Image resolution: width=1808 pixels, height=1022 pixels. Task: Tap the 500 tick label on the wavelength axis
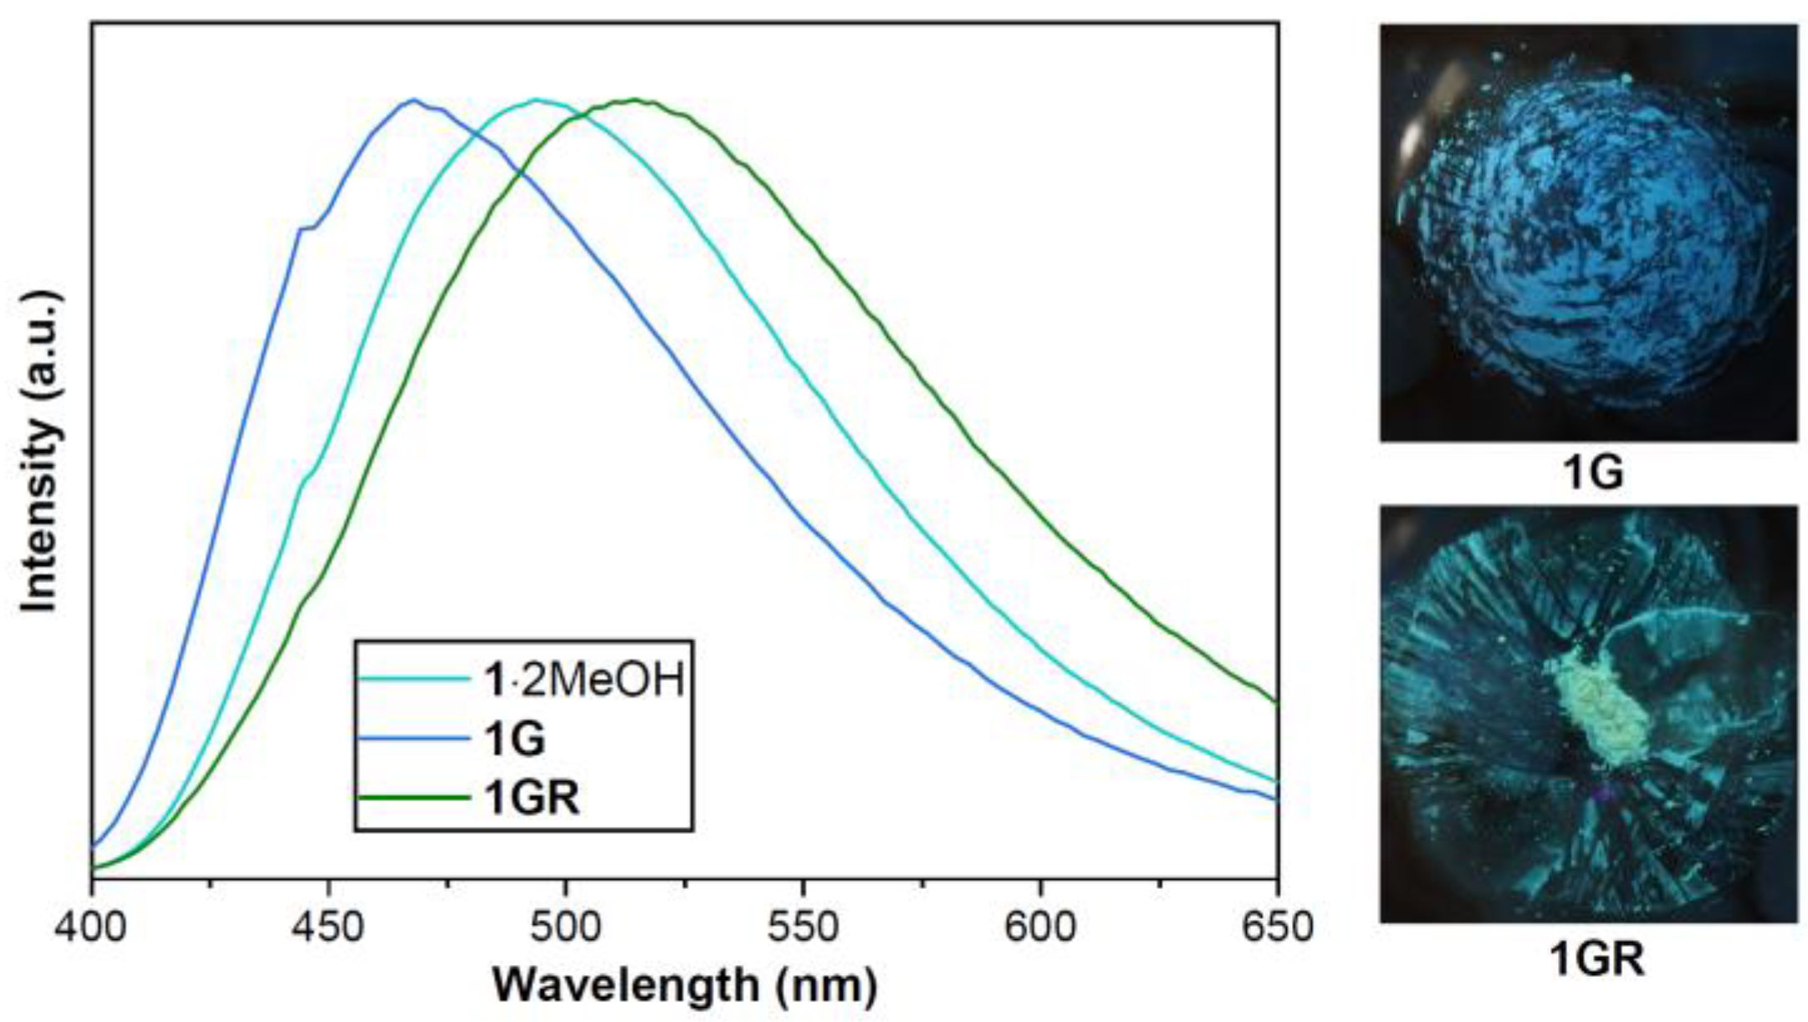[x=565, y=927]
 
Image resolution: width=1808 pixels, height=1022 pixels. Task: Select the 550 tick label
[x=803, y=927]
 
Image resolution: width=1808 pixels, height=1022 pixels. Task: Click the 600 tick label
[x=1039, y=927]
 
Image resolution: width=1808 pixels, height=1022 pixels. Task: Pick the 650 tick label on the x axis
[x=1277, y=927]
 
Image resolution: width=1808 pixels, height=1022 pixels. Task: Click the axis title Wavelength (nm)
[x=685, y=985]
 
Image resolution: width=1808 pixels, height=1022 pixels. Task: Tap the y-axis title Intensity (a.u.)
[x=40, y=452]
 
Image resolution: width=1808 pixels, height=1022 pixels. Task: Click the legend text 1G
[x=514, y=739]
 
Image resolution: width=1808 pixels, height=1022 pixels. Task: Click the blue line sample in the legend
[x=412, y=738]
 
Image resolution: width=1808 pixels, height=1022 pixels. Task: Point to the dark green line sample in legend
[x=412, y=797]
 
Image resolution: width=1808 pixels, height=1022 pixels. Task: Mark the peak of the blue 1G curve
[x=413, y=100]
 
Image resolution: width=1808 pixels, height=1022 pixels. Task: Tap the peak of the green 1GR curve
[x=636, y=100]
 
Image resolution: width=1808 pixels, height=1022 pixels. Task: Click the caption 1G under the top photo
[x=1593, y=473]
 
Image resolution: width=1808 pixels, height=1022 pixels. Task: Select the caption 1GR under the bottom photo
[x=1596, y=958]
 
